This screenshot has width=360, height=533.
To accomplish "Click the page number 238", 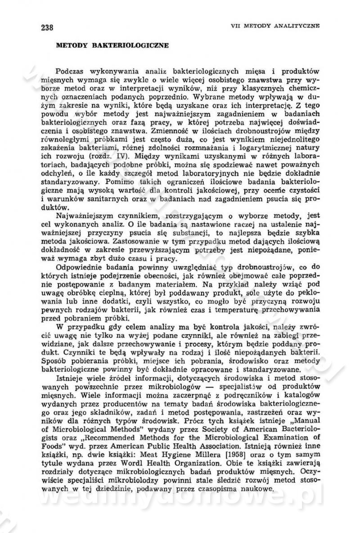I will point(47,27).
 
